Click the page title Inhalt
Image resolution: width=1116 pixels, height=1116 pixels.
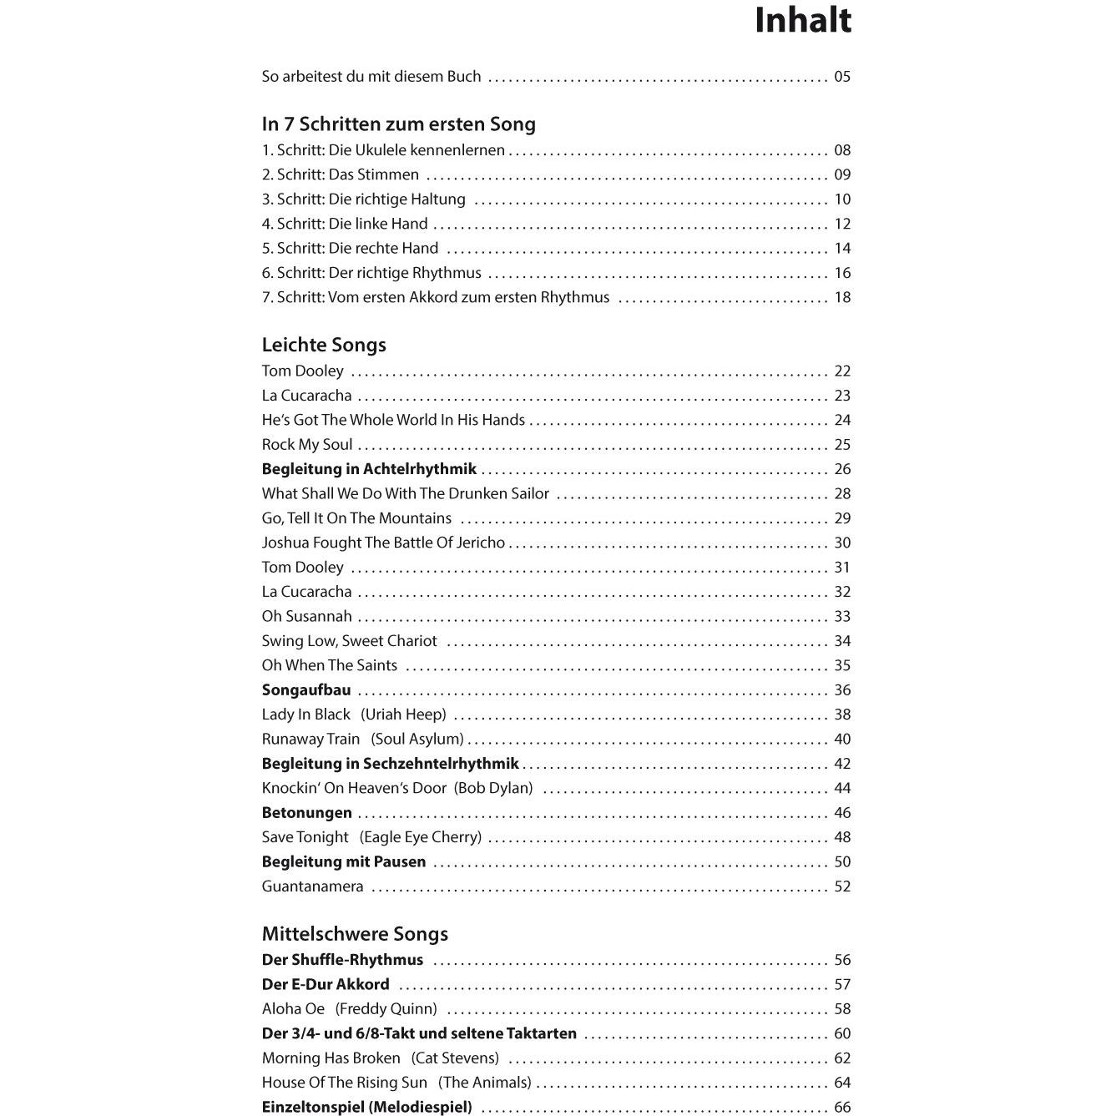point(802,22)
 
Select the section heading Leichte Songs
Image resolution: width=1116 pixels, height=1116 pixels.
point(324,345)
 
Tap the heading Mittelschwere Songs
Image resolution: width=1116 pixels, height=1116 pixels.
point(355,934)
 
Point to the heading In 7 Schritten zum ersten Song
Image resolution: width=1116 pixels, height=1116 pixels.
point(398,124)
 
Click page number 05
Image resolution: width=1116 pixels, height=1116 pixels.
point(841,77)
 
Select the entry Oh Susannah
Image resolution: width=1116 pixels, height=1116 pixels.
point(306,617)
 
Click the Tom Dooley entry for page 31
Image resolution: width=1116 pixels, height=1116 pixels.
point(302,568)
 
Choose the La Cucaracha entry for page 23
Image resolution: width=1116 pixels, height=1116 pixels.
point(306,396)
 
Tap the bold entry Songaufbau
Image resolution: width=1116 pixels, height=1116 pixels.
point(306,690)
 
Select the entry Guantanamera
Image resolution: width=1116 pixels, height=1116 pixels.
point(312,886)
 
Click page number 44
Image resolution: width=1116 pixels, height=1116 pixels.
point(841,789)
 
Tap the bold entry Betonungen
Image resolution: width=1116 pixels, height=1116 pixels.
point(306,813)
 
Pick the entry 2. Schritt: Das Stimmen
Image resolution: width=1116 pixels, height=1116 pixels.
point(341,175)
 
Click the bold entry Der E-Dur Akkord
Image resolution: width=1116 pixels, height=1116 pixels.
point(326,985)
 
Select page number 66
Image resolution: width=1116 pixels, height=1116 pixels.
point(841,1108)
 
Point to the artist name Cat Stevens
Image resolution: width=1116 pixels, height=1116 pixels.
point(455,1058)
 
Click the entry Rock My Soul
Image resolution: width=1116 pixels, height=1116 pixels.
point(307,445)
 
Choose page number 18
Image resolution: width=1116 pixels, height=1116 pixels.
point(841,298)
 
